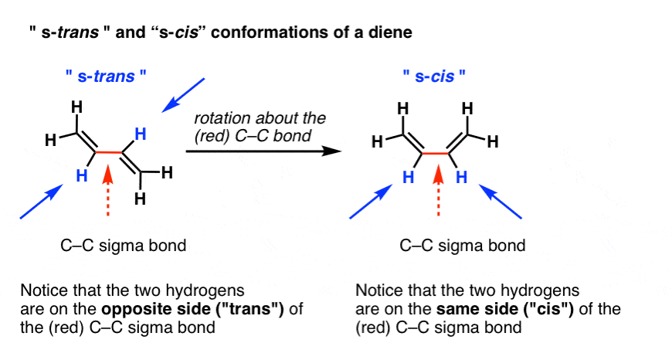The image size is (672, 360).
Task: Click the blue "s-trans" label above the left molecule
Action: click(106, 76)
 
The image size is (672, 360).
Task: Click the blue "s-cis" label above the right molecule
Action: click(435, 76)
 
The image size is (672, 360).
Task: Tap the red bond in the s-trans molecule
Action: click(109, 152)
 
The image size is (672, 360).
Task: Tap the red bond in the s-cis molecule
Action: click(436, 152)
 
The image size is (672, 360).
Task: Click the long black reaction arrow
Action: click(263, 151)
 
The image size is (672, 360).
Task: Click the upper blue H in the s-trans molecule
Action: click(140, 134)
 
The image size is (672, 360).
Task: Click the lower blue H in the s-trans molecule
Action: click(82, 175)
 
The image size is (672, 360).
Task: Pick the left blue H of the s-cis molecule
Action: click(408, 177)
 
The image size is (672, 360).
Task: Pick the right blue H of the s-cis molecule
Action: click(462, 177)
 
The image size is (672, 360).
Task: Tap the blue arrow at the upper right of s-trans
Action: click(183, 95)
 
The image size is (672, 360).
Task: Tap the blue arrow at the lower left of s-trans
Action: click(42, 202)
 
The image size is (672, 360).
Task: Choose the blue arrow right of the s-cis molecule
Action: click(501, 202)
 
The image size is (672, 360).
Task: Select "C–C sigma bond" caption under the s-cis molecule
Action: click(463, 246)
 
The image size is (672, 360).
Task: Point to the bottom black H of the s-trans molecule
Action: click(140, 199)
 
